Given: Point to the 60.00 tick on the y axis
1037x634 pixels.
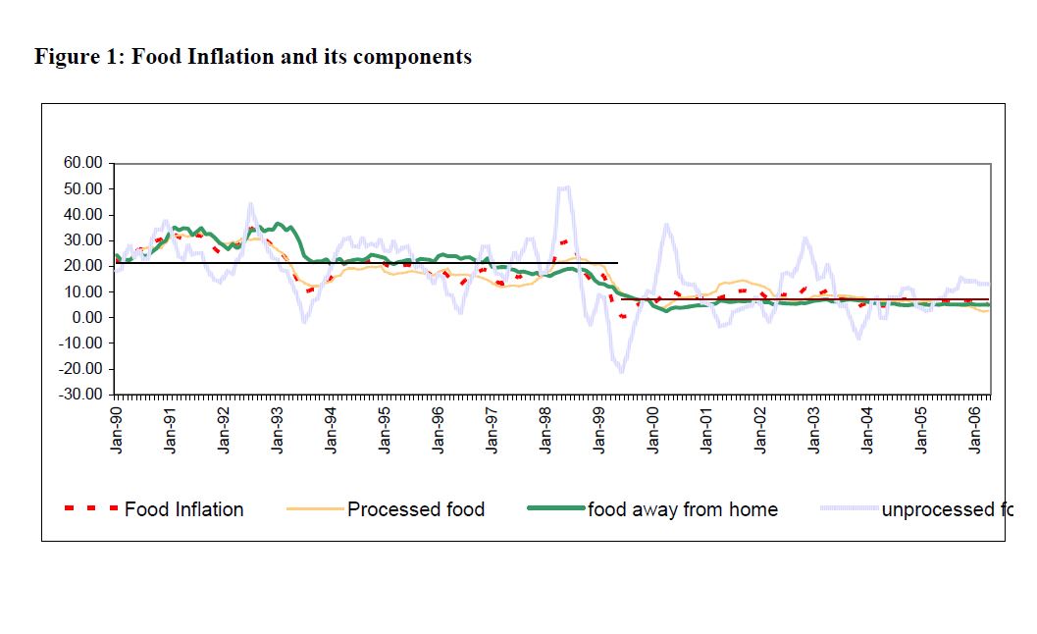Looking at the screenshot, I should (x=82, y=163).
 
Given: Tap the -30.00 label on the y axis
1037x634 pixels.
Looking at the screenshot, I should (x=79, y=395).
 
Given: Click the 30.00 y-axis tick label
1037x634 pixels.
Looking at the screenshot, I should (x=82, y=240).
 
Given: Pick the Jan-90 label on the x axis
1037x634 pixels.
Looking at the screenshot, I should (x=117, y=429).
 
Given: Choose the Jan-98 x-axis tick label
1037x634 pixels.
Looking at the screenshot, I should (x=545, y=429).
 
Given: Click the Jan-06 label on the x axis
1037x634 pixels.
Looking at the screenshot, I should (x=975, y=429).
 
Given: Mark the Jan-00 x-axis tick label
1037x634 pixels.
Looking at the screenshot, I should (x=653, y=429).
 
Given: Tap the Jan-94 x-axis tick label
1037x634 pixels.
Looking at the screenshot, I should (x=332, y=429).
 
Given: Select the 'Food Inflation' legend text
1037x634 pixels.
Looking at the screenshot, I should (x=184, y=509).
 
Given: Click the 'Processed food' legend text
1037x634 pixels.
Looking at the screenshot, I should (x=416, y=509).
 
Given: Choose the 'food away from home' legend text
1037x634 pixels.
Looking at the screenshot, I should (x=683, y=509).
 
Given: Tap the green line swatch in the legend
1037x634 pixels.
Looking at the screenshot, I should (x=555, y=508).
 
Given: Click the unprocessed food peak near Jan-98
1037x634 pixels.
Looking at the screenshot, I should (x=564, y=186).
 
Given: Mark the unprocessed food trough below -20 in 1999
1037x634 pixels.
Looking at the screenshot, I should (x=621, y=371).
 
